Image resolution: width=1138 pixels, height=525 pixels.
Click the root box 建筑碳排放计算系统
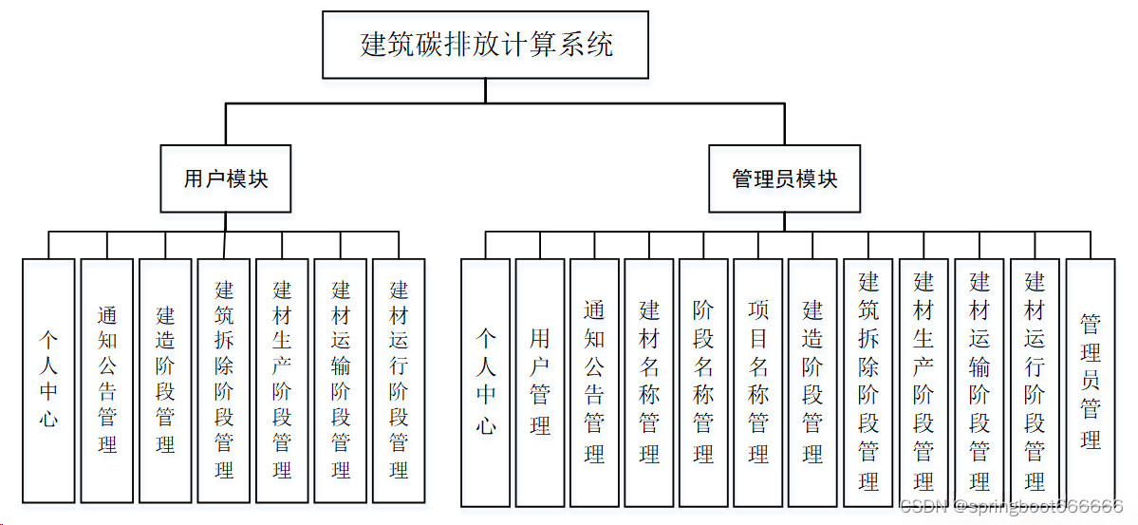pos(485,45)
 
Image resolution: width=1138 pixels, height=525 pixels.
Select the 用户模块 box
pos(226,178)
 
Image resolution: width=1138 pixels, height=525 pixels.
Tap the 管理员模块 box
pos(785,178)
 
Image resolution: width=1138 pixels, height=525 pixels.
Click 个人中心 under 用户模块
pos(48,380)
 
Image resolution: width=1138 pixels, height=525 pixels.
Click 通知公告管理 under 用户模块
pos(107,380)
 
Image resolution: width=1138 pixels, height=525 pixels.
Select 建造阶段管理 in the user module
pos(165,380)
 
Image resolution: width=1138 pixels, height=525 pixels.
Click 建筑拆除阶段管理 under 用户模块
pos(224,380)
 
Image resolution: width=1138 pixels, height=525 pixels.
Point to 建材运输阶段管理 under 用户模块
pos(341,380)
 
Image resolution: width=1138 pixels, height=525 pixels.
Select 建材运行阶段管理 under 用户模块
pos(399,380)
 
